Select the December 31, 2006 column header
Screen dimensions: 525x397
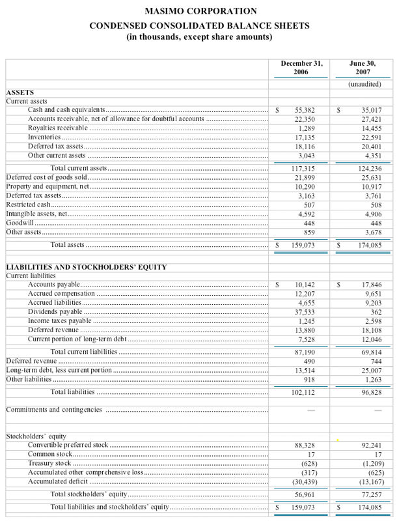[301, 68]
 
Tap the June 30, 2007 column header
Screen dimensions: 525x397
[363, 68]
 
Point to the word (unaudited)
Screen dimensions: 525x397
[363, 85]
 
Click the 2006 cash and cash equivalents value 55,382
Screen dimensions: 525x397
[305, 111]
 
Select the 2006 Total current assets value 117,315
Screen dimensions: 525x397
[303, 169]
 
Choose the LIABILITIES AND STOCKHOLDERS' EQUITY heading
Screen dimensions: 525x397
[86, 267]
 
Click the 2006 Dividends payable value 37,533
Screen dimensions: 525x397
[305, 312]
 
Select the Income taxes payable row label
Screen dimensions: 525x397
[59, 321]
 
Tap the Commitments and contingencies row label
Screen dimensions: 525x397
[54, 410]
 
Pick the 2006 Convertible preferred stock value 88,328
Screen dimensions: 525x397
[305, 445]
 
